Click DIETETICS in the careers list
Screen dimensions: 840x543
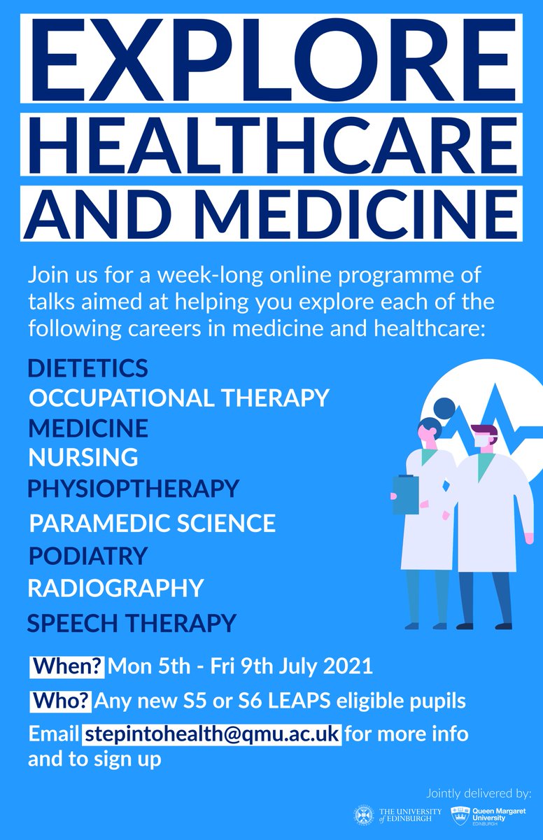88,367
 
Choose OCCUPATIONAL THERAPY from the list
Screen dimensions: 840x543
178,398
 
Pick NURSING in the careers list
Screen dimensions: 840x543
83,457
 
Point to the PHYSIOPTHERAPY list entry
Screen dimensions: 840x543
133,488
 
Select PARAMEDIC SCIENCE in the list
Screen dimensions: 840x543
153,523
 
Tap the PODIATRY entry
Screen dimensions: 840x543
88,556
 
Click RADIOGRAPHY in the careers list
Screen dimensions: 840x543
115,588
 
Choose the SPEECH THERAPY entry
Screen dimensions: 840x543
132,622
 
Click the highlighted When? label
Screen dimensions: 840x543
67,665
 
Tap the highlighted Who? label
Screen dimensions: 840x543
61,700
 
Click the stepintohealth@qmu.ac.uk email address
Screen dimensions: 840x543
213,735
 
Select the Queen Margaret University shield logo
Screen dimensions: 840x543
460,815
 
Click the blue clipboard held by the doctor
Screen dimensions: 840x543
406,493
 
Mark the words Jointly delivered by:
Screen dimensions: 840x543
479,793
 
